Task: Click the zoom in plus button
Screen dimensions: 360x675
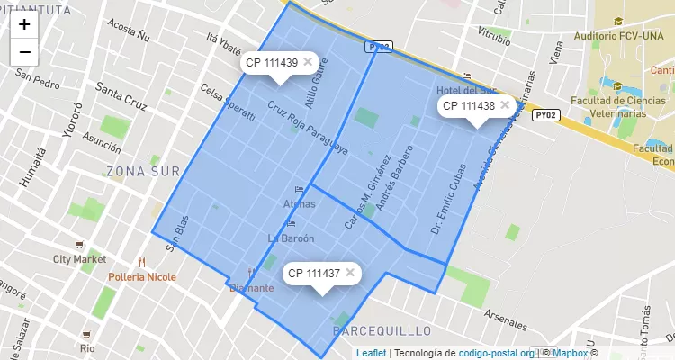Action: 24,24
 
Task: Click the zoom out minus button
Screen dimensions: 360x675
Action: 24,52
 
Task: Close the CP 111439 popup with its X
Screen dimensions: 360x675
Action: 308,62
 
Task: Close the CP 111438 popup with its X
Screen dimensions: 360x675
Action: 505,105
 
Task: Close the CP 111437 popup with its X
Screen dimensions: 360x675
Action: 350,273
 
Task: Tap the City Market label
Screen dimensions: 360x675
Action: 79,259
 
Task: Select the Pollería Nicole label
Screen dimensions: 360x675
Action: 142,276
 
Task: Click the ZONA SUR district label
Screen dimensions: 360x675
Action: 142,171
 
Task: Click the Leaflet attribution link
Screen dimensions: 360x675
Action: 371,353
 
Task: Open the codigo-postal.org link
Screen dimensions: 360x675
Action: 497,353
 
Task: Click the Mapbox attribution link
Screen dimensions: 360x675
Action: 570,353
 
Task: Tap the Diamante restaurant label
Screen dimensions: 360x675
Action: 251,288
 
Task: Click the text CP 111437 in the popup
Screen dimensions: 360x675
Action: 311,273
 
